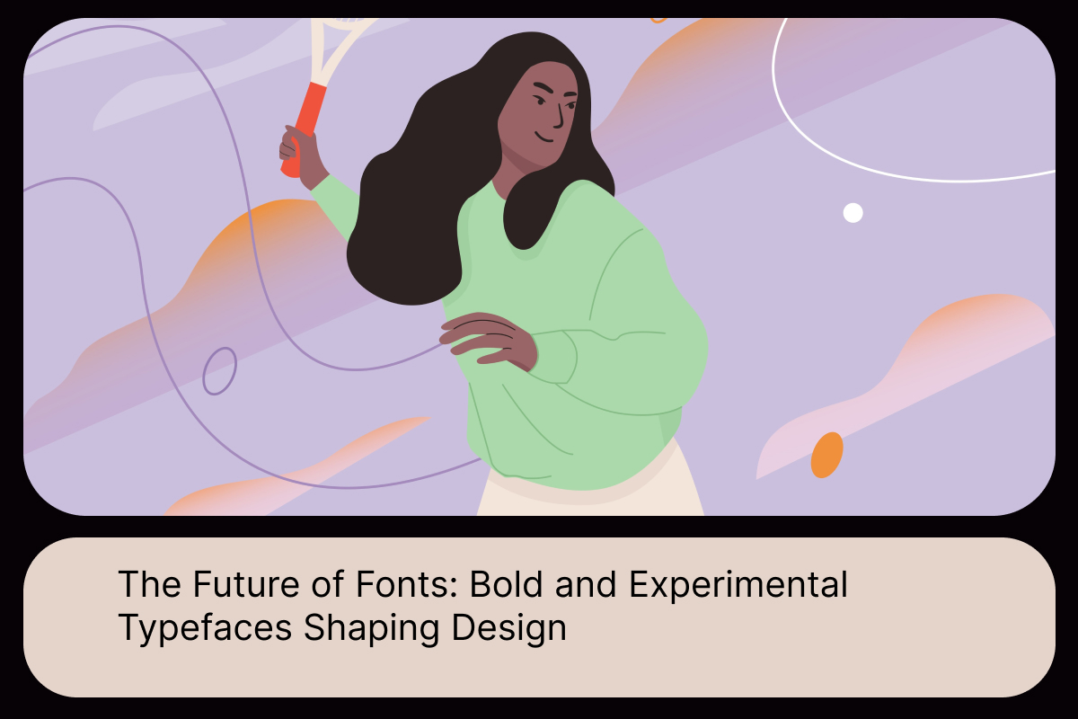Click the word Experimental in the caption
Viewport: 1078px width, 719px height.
738,586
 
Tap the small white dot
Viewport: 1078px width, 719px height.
853,213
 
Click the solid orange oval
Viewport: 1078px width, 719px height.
826,455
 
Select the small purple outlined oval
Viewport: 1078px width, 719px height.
219,370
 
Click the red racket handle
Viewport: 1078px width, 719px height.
301,126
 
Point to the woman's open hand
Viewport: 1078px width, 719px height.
485,340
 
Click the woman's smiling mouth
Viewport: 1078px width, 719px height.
544,138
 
